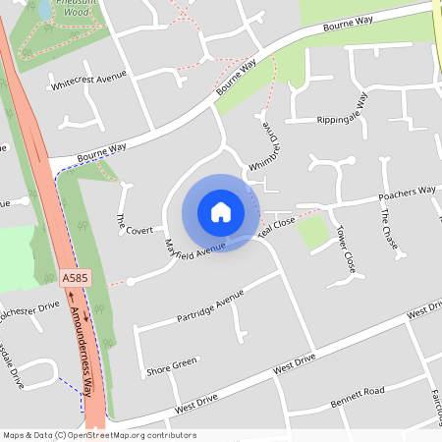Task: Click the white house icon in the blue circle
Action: click(x=220, y=212)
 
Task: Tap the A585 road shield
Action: click(x=75, y=280)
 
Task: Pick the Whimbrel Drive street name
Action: click(x=273, y=144)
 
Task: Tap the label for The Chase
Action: click(x=389, y=230)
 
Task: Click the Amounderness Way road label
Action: click(x=86, y=352)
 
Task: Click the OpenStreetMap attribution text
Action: click(x=99, y=435)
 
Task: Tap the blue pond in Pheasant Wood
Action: click(x=43, y=10)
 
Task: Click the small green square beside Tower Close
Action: click(x=313, y=232)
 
